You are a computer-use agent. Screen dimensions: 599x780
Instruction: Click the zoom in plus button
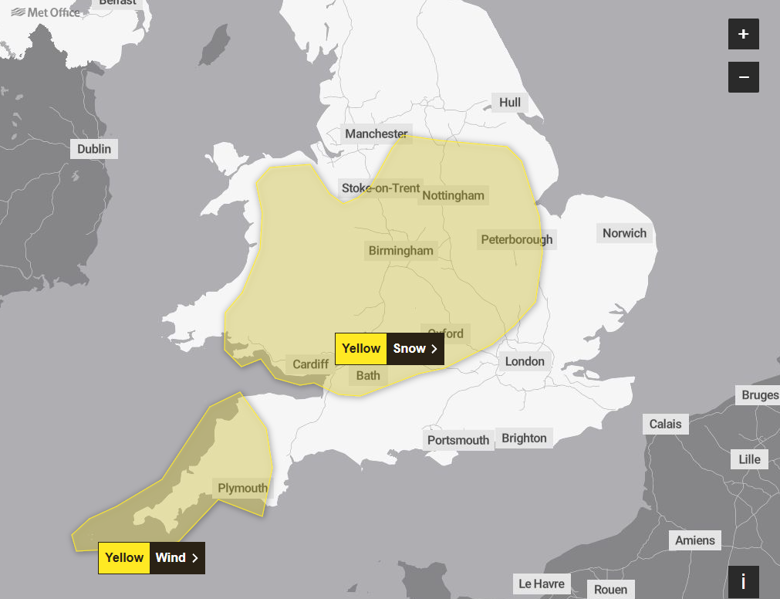point(743,35)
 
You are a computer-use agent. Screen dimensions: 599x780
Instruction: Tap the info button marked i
point(743,581)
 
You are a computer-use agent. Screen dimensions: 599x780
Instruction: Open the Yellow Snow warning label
point(390,349)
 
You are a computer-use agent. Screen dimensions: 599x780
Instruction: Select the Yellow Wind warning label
point(151,557)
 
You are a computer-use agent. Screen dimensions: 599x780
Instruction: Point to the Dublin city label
point(94,149)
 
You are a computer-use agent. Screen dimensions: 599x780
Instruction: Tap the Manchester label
point(376,134)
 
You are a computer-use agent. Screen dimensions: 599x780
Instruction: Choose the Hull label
point(510,103)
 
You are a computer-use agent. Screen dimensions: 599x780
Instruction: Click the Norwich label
point(624,233)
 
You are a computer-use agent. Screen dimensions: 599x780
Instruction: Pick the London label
point(525,361)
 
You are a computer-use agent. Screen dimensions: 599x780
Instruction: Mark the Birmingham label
point(400,251)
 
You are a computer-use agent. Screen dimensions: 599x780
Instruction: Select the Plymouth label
point(242,488)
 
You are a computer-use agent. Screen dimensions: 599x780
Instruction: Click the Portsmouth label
point(458,440)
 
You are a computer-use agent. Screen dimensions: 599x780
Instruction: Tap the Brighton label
point(524,438)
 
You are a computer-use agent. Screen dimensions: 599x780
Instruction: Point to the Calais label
point(665,424)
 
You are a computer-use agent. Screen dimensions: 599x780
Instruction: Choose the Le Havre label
point(542,584)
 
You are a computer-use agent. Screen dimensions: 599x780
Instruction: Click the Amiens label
point(695,540)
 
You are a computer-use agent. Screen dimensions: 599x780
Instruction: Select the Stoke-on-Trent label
point(381,188)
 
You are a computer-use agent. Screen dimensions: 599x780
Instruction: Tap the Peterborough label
point(517,239)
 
